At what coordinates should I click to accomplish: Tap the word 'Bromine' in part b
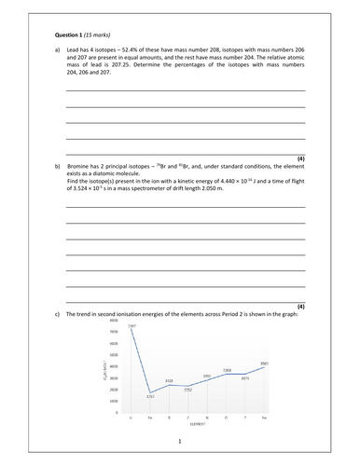point(82,165)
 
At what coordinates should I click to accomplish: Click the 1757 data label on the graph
point(150,396)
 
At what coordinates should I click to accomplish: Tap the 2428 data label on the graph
point(169,381)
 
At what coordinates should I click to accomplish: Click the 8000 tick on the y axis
point(112,320)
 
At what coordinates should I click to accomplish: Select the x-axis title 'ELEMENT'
point(197,425)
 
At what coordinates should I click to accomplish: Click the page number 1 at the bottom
point(179,442)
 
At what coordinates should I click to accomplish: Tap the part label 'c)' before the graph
point(58,314)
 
